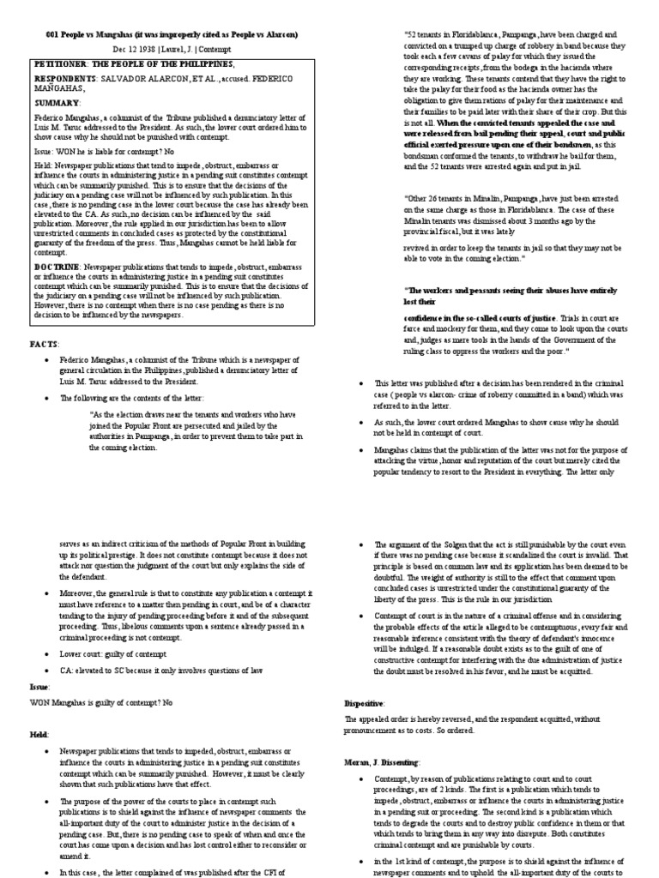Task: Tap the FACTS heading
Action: coord(46,344)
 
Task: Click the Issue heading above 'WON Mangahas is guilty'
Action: coord(41,687)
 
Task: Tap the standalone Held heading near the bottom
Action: coord(41,735)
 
